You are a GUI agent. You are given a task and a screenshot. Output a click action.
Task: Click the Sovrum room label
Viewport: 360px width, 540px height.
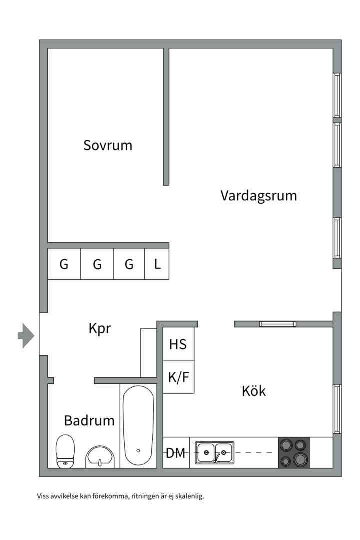click(108, 146)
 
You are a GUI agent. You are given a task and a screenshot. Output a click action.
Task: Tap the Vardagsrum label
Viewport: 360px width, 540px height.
click(258, 195)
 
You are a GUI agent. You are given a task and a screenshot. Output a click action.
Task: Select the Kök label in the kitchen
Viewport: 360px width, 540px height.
click(254, 391)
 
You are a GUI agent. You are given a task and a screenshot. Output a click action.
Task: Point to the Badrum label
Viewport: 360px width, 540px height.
click(89, 421)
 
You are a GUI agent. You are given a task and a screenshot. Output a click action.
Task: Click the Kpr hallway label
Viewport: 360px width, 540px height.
click(99, 329)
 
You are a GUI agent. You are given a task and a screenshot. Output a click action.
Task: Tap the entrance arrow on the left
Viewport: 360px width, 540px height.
click(26, 335)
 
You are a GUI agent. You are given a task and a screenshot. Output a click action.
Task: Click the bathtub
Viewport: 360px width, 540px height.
click(138, 426)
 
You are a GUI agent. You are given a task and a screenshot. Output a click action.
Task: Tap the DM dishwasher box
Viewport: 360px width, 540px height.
click(176, 453)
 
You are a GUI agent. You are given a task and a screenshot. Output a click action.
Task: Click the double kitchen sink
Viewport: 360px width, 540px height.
click(214, 453)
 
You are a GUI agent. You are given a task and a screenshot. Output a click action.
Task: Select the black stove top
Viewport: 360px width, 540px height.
click(294, 453)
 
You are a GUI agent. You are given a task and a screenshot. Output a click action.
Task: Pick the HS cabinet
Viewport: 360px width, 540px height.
click(178, 344)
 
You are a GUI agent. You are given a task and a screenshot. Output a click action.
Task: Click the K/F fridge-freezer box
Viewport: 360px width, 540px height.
click(178, 377)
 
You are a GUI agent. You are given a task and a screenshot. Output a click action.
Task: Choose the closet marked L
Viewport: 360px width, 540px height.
click(157, 264)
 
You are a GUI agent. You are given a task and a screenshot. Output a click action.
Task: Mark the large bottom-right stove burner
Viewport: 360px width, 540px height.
click(301, 459)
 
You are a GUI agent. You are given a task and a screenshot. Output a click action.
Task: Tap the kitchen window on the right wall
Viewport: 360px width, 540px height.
click(337, 409)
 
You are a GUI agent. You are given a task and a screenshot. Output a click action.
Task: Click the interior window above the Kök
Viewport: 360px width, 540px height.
click(278, 324)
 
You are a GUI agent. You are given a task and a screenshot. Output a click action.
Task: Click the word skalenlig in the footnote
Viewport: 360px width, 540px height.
click(190, 496)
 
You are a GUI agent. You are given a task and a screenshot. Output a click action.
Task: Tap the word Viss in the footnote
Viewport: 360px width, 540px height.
click(43, 496)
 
